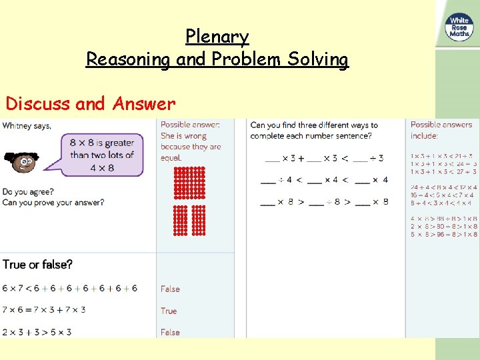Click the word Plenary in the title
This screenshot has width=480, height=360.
(x=217, y=36)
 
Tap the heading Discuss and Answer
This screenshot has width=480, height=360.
(x=90, y=104)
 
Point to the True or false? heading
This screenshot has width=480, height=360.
(x=37, y=265)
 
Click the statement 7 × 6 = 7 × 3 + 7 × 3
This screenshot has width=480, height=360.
(x=44, y=310)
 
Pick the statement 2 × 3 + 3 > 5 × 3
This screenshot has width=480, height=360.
(x=37, y=332)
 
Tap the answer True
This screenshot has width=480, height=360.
(x=169, y=311)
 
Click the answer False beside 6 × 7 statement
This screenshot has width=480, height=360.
(x=170, y=289)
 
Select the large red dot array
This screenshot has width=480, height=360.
(x=189, y=183)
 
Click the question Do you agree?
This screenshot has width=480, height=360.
(x=28, y=192)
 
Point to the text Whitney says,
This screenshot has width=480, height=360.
(x=27, y=125)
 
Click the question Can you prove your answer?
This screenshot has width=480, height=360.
(x=53, y=202)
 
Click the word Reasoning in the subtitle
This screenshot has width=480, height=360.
(x=128, y=59)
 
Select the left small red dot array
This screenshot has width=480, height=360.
(x=180, y=221)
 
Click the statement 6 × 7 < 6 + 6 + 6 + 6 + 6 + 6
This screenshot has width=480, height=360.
(x=70, y=288)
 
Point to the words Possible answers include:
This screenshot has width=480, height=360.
(x=441, y=130)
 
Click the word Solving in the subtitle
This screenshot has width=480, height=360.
(x=318, y=59)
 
